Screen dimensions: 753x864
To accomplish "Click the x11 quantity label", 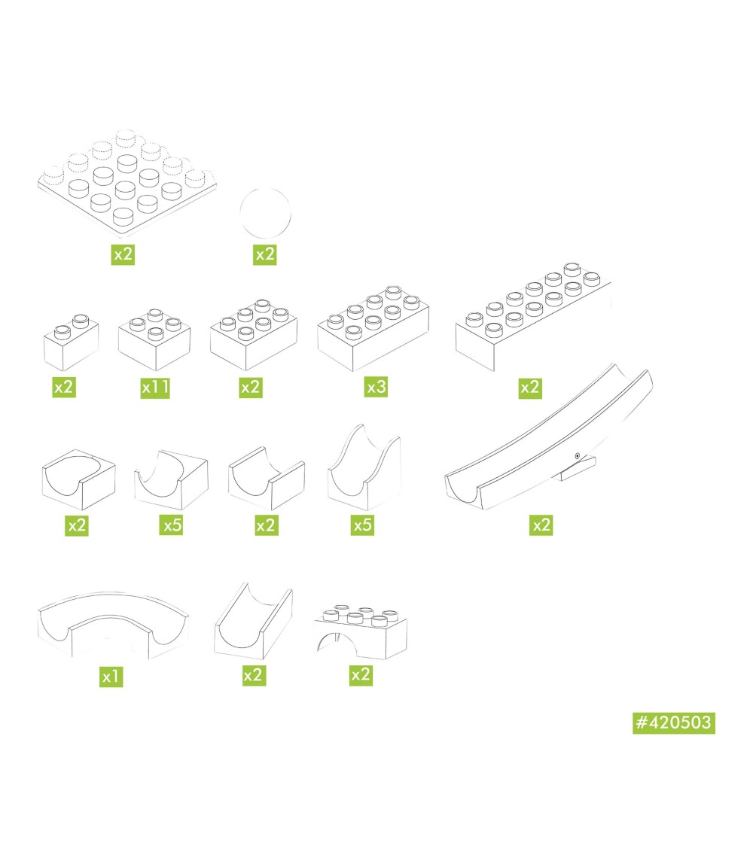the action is pyautogui.click(x=155, y=388).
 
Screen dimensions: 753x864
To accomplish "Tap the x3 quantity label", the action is pyautogui.click(x=376, y=387).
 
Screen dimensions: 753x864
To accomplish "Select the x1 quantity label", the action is pyautogui.click(x=111, y=676).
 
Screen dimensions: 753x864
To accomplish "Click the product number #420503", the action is pyautogui.click(x=674, y=723).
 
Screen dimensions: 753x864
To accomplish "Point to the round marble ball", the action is pyautogui.click(x=265, y=214).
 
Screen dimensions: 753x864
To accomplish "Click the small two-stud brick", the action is pyautogui.click(x=71, y=342).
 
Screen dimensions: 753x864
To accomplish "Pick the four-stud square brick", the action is pyautogui.click(x=154, y=339).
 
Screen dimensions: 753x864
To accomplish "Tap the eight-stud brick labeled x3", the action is pyautogui.click(x=373, y=329).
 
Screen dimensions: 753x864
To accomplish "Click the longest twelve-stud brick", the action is pyautogui.click(x=533, y=317).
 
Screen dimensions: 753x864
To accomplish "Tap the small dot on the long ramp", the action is pyautogui.click(x=577, y=455).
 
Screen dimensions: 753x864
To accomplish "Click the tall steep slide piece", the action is pyautogui.click(x=364, y=468).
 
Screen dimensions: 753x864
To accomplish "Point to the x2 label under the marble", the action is pyautogui.click(x=264, y=254).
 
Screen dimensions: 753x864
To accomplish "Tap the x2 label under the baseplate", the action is pyautogui.click(x=123, y=254).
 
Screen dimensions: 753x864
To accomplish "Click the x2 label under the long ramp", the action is pyautogui.click(x=541, y=525).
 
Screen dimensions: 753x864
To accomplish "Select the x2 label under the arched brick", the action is pyautogui.click(x=361, y=675).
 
